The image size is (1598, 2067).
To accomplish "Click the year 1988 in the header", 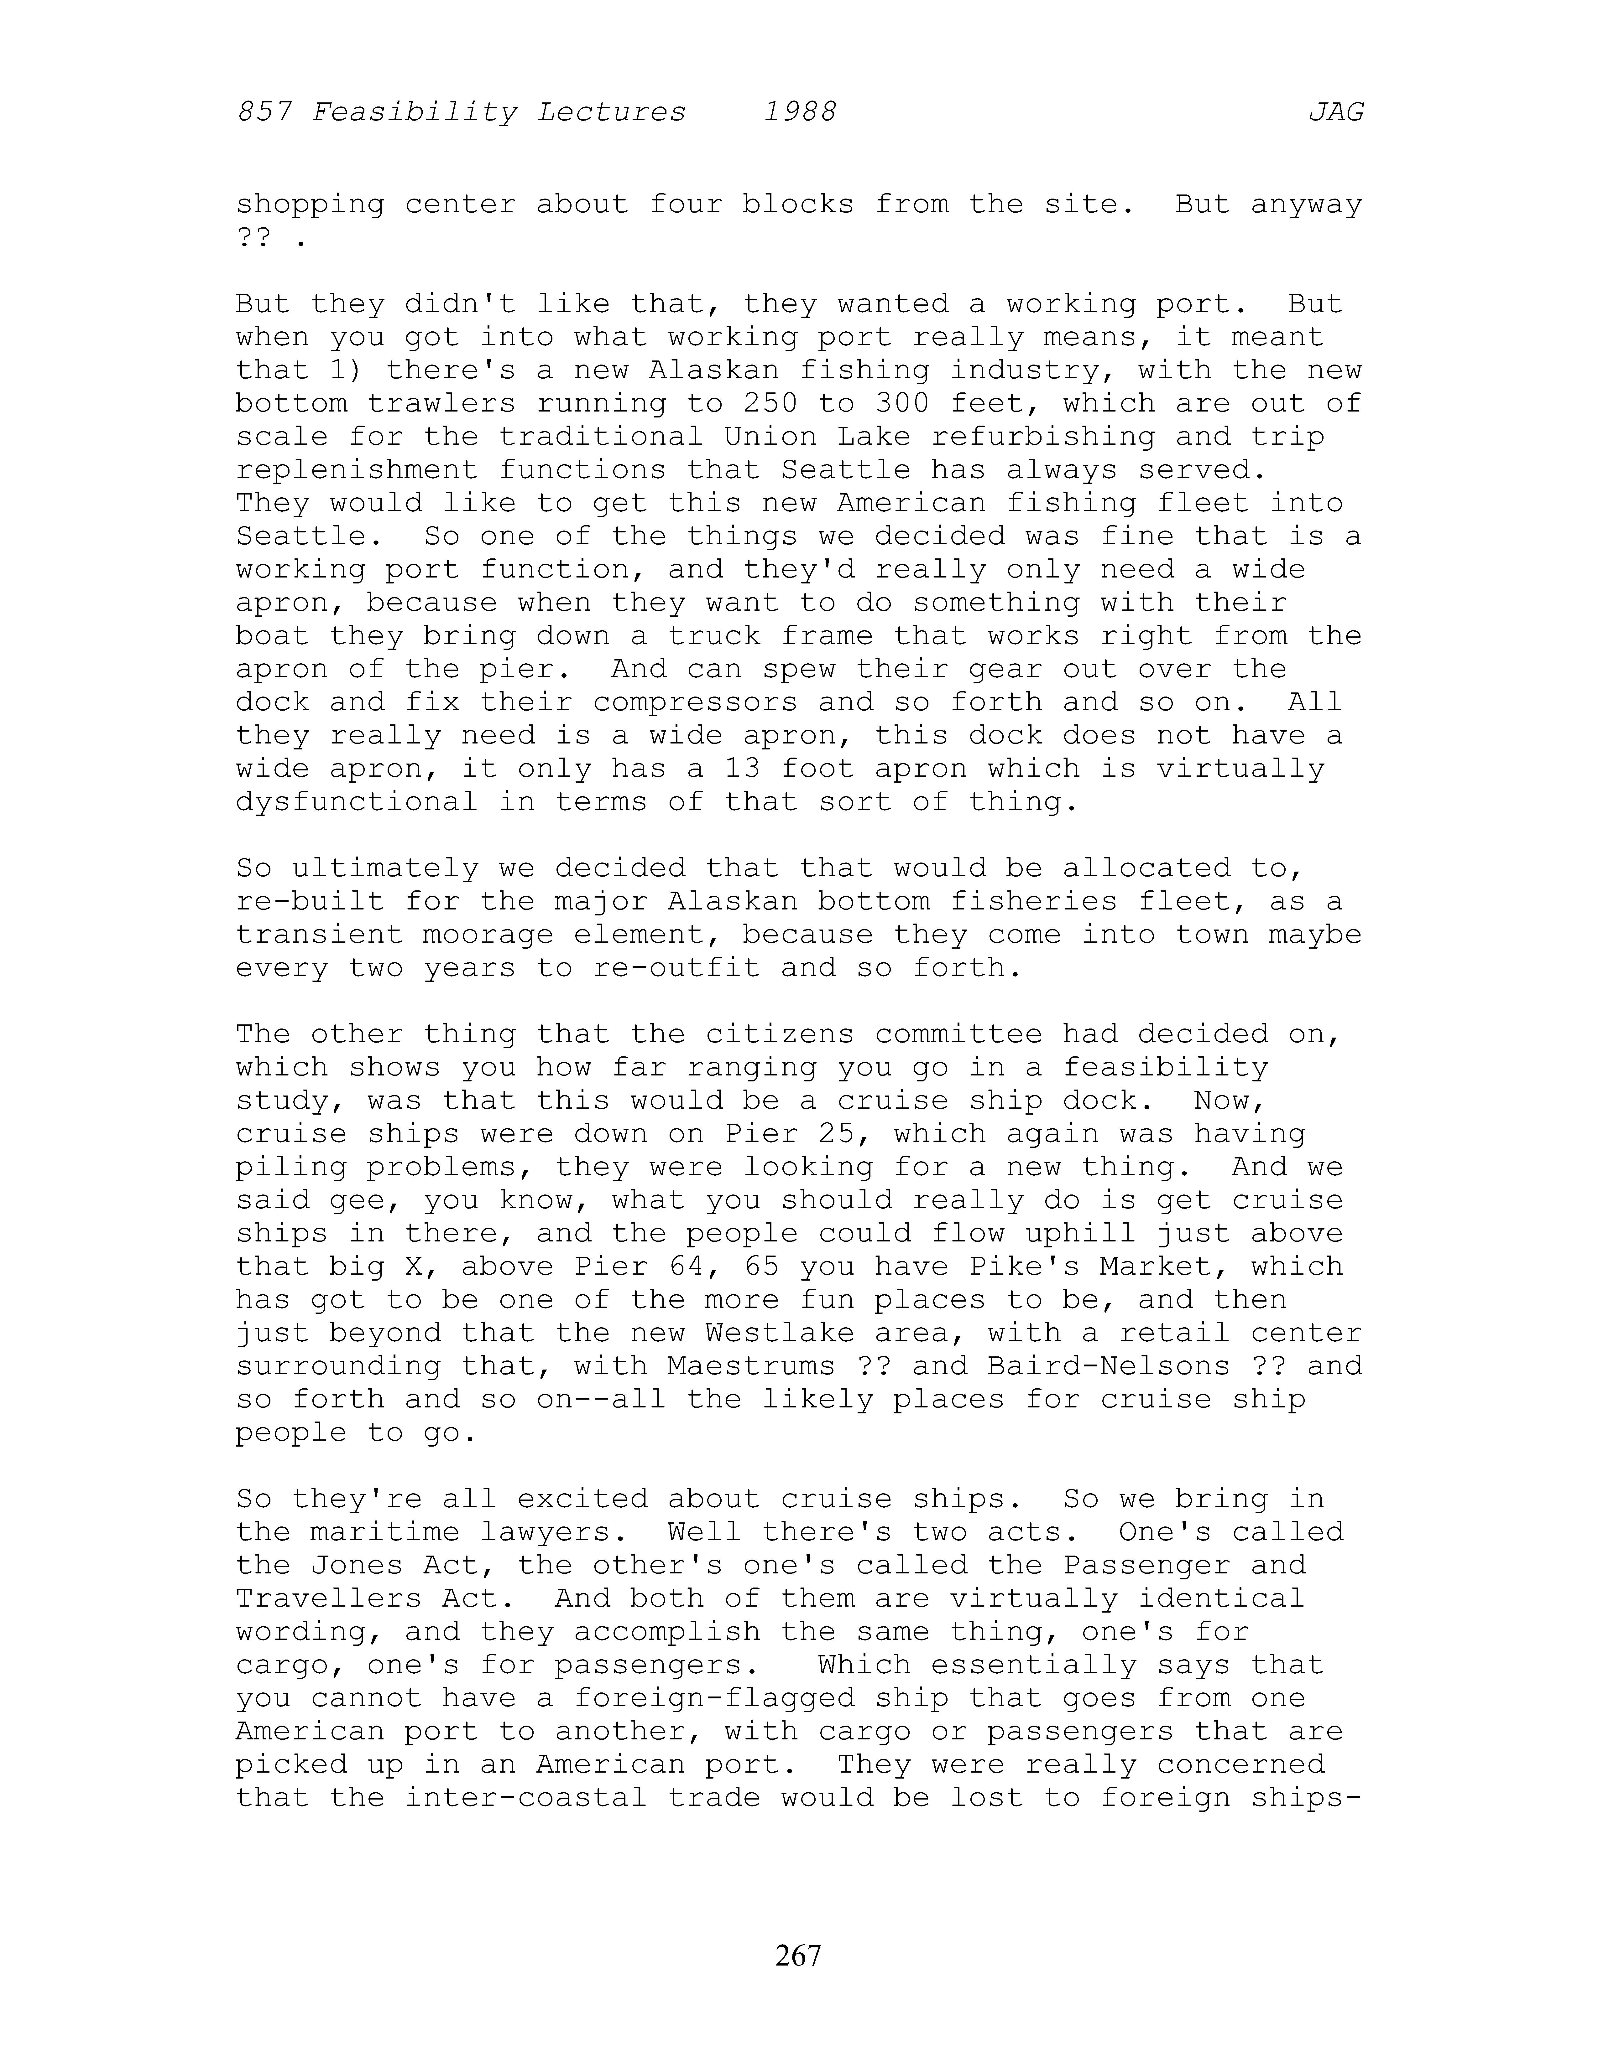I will tap(800, 113).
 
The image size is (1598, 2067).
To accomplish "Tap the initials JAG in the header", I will tap(1336, 113).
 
